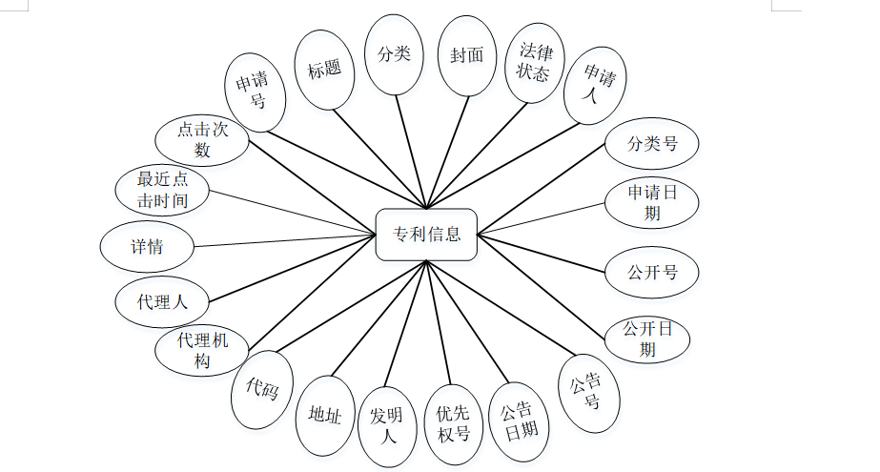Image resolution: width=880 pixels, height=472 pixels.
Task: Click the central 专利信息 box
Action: [x=425, y=234]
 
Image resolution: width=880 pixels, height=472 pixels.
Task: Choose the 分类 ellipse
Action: [x=395, y=54]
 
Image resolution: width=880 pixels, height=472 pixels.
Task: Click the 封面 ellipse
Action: [x=467, y=55]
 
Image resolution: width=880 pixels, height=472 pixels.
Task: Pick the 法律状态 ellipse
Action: [x=534, y=61]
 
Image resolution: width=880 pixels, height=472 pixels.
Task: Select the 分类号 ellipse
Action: [x=652, y=144]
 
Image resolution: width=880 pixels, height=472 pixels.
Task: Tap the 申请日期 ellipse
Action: [x=652, y=202]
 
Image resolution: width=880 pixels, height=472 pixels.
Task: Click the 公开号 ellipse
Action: [x=652, y=272]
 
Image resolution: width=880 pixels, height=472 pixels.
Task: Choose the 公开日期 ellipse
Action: [x=648, y=339]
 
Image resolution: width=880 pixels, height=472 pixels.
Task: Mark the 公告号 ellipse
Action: [x=589, y=392]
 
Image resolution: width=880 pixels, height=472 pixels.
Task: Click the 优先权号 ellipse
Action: [x=454, y=423]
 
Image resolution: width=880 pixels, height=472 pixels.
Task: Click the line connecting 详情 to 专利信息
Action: [x=286, y=239]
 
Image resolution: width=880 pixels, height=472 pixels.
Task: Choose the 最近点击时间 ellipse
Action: [x=162, y=189]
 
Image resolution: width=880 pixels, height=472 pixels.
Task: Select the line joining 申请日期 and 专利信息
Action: [x=542, y=216]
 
